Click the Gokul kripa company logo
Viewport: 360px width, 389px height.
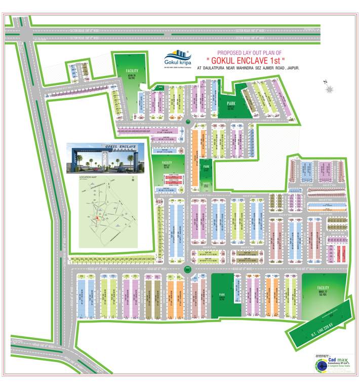175,59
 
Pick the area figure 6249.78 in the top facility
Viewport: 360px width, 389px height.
132,76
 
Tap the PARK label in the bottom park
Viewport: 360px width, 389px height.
221,294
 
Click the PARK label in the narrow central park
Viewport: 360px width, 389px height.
206,167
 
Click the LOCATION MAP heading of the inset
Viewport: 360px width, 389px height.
88,178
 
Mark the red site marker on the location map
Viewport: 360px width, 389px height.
97,218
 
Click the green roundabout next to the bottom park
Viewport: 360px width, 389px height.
187,269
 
